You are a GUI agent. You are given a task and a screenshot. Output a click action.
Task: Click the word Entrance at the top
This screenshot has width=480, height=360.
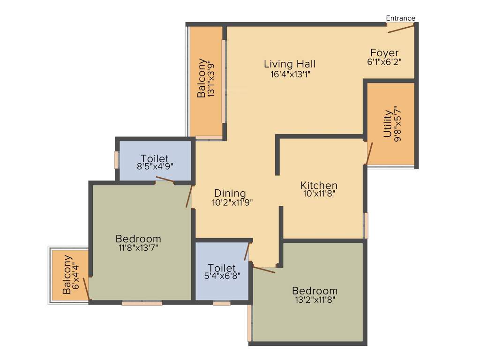[x=400, y=18]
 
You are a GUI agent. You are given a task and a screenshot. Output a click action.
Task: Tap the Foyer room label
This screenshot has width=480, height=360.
[x=384, y=52]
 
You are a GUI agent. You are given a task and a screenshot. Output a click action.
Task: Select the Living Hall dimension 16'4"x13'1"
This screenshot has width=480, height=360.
[x=289, y=74]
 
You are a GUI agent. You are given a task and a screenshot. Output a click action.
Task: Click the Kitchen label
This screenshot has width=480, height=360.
[x=319, y=185]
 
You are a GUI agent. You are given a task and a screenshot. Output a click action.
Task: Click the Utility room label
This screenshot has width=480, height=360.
[x=387, y=123]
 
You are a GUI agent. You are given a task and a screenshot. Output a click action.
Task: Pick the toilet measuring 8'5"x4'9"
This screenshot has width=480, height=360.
[x=155, y=159]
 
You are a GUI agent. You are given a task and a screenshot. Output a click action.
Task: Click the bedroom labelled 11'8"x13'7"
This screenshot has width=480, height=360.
[x=138, y=239]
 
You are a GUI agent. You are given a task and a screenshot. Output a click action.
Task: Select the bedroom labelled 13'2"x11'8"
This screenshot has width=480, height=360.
[x=315, y=291]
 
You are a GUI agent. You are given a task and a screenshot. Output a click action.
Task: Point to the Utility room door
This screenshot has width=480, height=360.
[x=369, y=153]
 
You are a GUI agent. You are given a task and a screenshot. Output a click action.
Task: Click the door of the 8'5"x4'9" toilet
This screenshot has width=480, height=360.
[x=165, y=179]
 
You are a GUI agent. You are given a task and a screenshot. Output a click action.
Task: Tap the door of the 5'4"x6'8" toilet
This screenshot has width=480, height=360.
[x=247, y=252]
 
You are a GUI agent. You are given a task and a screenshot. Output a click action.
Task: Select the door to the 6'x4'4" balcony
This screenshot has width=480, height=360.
[x=86, y=288]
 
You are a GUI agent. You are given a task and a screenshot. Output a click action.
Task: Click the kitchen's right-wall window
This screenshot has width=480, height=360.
[x=366, y=225]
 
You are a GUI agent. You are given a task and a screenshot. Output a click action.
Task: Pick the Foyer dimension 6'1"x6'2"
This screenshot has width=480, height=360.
[x=384, y=61]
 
